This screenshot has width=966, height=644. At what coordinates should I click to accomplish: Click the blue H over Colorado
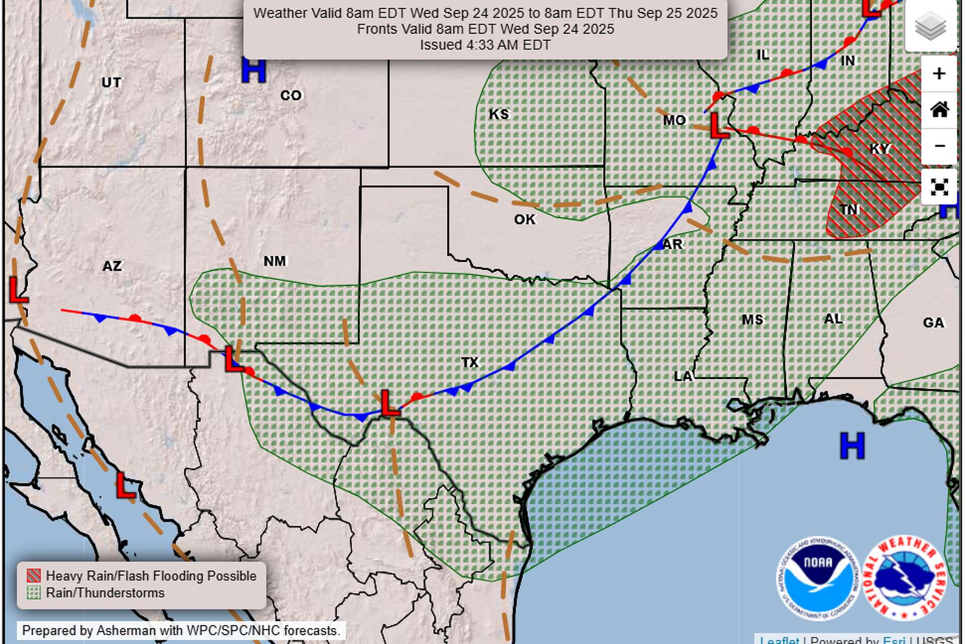point(253,70)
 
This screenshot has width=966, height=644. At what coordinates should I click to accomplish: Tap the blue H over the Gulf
point(852,446)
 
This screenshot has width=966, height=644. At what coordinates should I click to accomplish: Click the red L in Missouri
point(718,126)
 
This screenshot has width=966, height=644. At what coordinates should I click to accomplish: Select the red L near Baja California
point(125,486)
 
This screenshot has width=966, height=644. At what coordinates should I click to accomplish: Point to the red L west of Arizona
point(18,290)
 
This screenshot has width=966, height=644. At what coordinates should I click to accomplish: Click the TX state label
point(470,362)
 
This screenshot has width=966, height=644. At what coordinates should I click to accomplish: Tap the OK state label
point(525,219)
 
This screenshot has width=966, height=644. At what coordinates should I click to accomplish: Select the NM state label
point(275,261)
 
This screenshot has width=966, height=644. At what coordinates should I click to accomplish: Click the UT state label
point(111,82)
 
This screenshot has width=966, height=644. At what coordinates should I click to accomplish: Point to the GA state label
point(933,323)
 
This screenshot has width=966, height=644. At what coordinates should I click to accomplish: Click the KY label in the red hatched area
point(879,149)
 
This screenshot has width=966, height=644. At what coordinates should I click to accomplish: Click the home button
point(939,110)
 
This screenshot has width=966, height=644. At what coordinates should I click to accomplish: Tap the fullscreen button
point(939,187)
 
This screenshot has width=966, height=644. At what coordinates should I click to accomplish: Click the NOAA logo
point(818,578)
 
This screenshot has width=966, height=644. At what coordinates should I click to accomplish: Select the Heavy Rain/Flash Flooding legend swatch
point(34,576)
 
